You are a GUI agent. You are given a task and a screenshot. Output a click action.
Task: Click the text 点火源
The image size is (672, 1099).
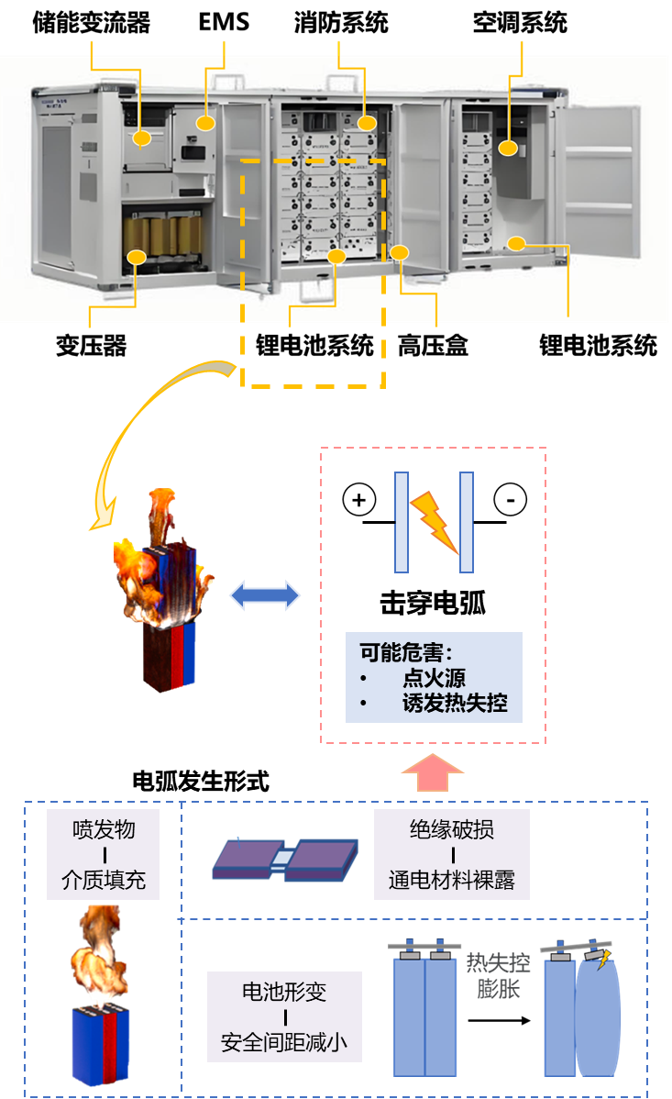tap(434, 679)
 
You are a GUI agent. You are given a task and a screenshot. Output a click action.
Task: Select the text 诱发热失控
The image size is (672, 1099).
tap(455, 705)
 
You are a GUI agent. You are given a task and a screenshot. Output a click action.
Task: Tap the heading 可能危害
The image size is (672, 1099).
tap(405, 652)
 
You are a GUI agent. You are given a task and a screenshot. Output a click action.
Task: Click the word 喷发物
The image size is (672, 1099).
tap(104, 829)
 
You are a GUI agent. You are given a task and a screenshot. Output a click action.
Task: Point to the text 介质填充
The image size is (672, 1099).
tap(104, 881)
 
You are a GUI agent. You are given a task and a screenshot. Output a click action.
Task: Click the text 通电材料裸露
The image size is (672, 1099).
tap(452, 881)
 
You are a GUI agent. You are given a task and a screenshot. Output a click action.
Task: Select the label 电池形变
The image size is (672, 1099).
tap(284, 992)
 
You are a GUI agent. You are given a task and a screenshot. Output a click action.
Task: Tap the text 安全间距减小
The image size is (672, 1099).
tap(284, 1043)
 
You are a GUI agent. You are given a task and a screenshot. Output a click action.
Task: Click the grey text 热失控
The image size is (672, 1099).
tap(498, 963)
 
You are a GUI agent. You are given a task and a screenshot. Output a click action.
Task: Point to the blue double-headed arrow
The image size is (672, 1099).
tap(264, 595)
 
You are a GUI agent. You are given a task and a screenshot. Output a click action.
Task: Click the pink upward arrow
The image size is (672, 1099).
tap(433, 772)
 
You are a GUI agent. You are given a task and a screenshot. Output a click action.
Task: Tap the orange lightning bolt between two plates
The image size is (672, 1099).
tap(434, 521)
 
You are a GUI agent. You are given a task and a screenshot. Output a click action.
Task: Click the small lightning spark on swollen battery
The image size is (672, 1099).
tap(603, 960)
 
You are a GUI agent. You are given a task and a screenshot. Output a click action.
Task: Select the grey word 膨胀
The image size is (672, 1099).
tap(498, 990)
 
